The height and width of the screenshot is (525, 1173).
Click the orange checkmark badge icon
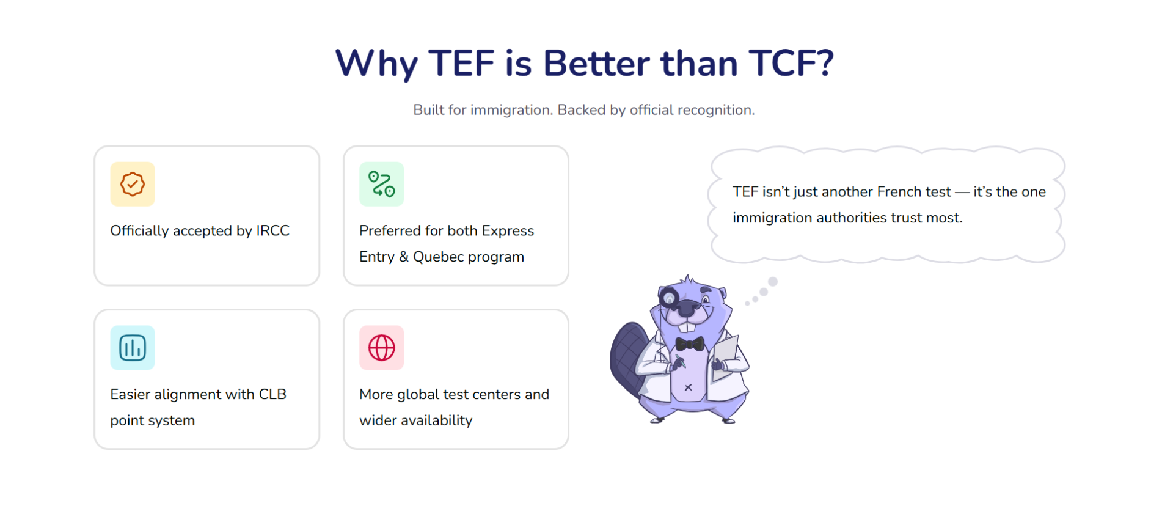(133, 184)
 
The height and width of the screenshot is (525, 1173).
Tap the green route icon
(382, 184)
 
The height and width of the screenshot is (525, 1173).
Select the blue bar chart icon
(133, 348)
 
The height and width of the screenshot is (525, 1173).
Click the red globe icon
(382, 348)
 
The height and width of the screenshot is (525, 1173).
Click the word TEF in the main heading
(461, 63)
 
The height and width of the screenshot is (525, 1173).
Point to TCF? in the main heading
(791, 63)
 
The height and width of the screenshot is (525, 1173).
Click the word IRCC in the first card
(272, 230)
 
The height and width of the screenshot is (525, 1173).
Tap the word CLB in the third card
(272, 394)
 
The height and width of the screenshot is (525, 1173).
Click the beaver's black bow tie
(690, 343)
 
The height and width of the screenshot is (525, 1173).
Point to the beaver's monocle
(670, 298)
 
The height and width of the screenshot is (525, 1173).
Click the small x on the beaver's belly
(688, 387)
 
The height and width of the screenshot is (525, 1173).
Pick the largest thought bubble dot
(773, 282)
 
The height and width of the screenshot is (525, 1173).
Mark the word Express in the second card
(508, 231)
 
